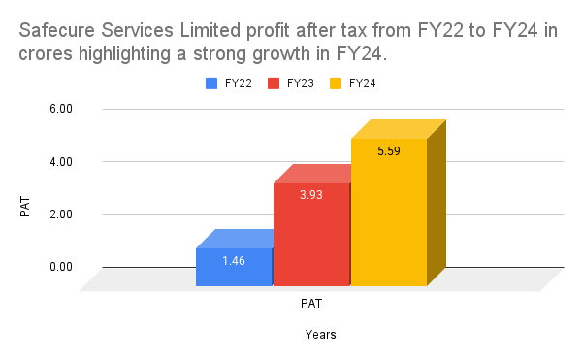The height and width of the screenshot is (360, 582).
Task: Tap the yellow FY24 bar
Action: coord(389,213)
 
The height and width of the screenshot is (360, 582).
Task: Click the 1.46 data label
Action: coord(234,261)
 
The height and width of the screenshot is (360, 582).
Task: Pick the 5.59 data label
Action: coord(389,151)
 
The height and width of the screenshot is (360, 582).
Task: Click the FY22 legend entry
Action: coord(231,83)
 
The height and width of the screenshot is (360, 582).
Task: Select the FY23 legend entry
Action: coord(296,83)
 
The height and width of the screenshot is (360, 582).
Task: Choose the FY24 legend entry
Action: coord(362,83)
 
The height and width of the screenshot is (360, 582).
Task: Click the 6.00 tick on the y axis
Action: coord(60,109)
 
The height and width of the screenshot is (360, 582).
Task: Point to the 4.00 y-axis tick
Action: coord(60,161)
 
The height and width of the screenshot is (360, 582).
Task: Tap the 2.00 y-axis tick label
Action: coord(60,214)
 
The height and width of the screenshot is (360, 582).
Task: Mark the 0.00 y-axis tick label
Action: coord(60,267)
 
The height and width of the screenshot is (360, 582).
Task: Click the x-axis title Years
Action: coord(320,334)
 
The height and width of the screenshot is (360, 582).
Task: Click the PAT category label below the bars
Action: coord(311,303)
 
